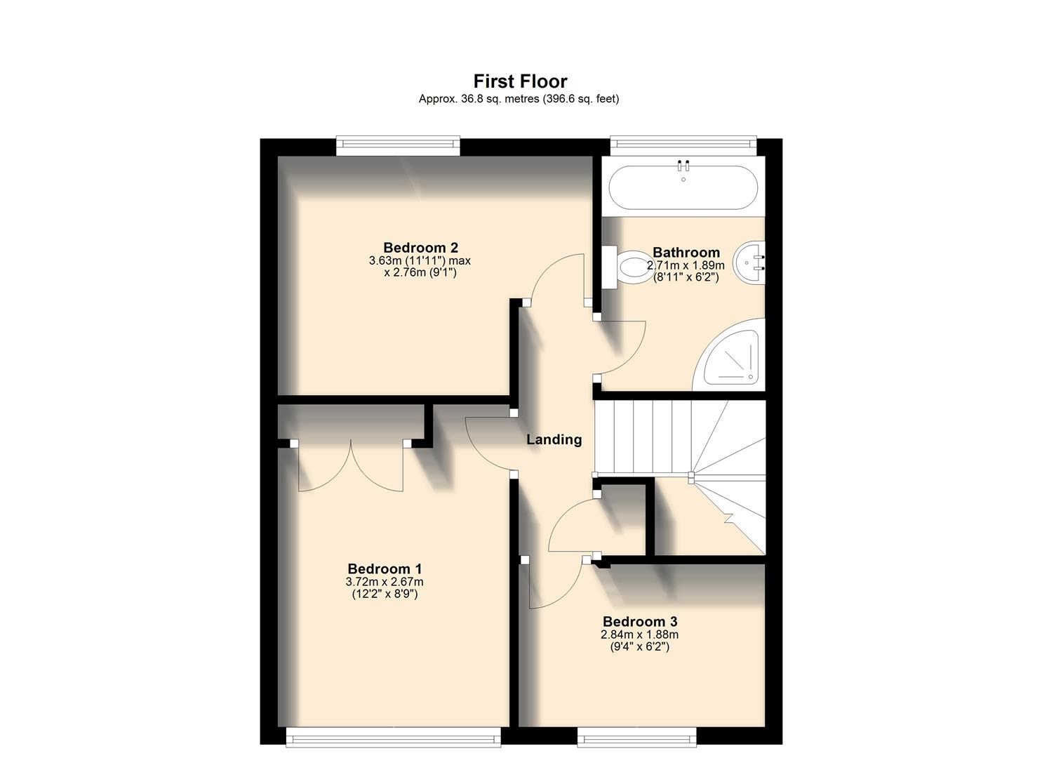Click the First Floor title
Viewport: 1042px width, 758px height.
tap(520, 81)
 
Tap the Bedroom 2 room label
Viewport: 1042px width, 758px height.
tap(420, 248)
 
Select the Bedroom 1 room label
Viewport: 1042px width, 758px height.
tap(385, 569)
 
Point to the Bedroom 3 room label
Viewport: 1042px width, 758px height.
tap(639, 622)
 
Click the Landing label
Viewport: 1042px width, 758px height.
tap(554, 440)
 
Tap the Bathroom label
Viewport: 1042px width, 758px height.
tap(686, 253)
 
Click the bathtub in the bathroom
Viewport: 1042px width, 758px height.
tap(683, 188)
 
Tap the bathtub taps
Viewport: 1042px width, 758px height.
tap(683, 166)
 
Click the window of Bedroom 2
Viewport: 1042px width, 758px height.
tap(398, 146)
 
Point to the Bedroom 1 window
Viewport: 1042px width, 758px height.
tap(393, 735)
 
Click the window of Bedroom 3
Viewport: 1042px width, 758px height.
tap(636, 735)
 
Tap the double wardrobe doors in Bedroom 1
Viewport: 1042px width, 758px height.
tap(350, 467)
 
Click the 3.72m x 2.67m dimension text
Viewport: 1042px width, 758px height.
tap(385, 582)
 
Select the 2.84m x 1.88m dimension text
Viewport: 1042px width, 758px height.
tap(639, 634)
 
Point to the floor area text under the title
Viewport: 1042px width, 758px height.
tap(519, 99)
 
